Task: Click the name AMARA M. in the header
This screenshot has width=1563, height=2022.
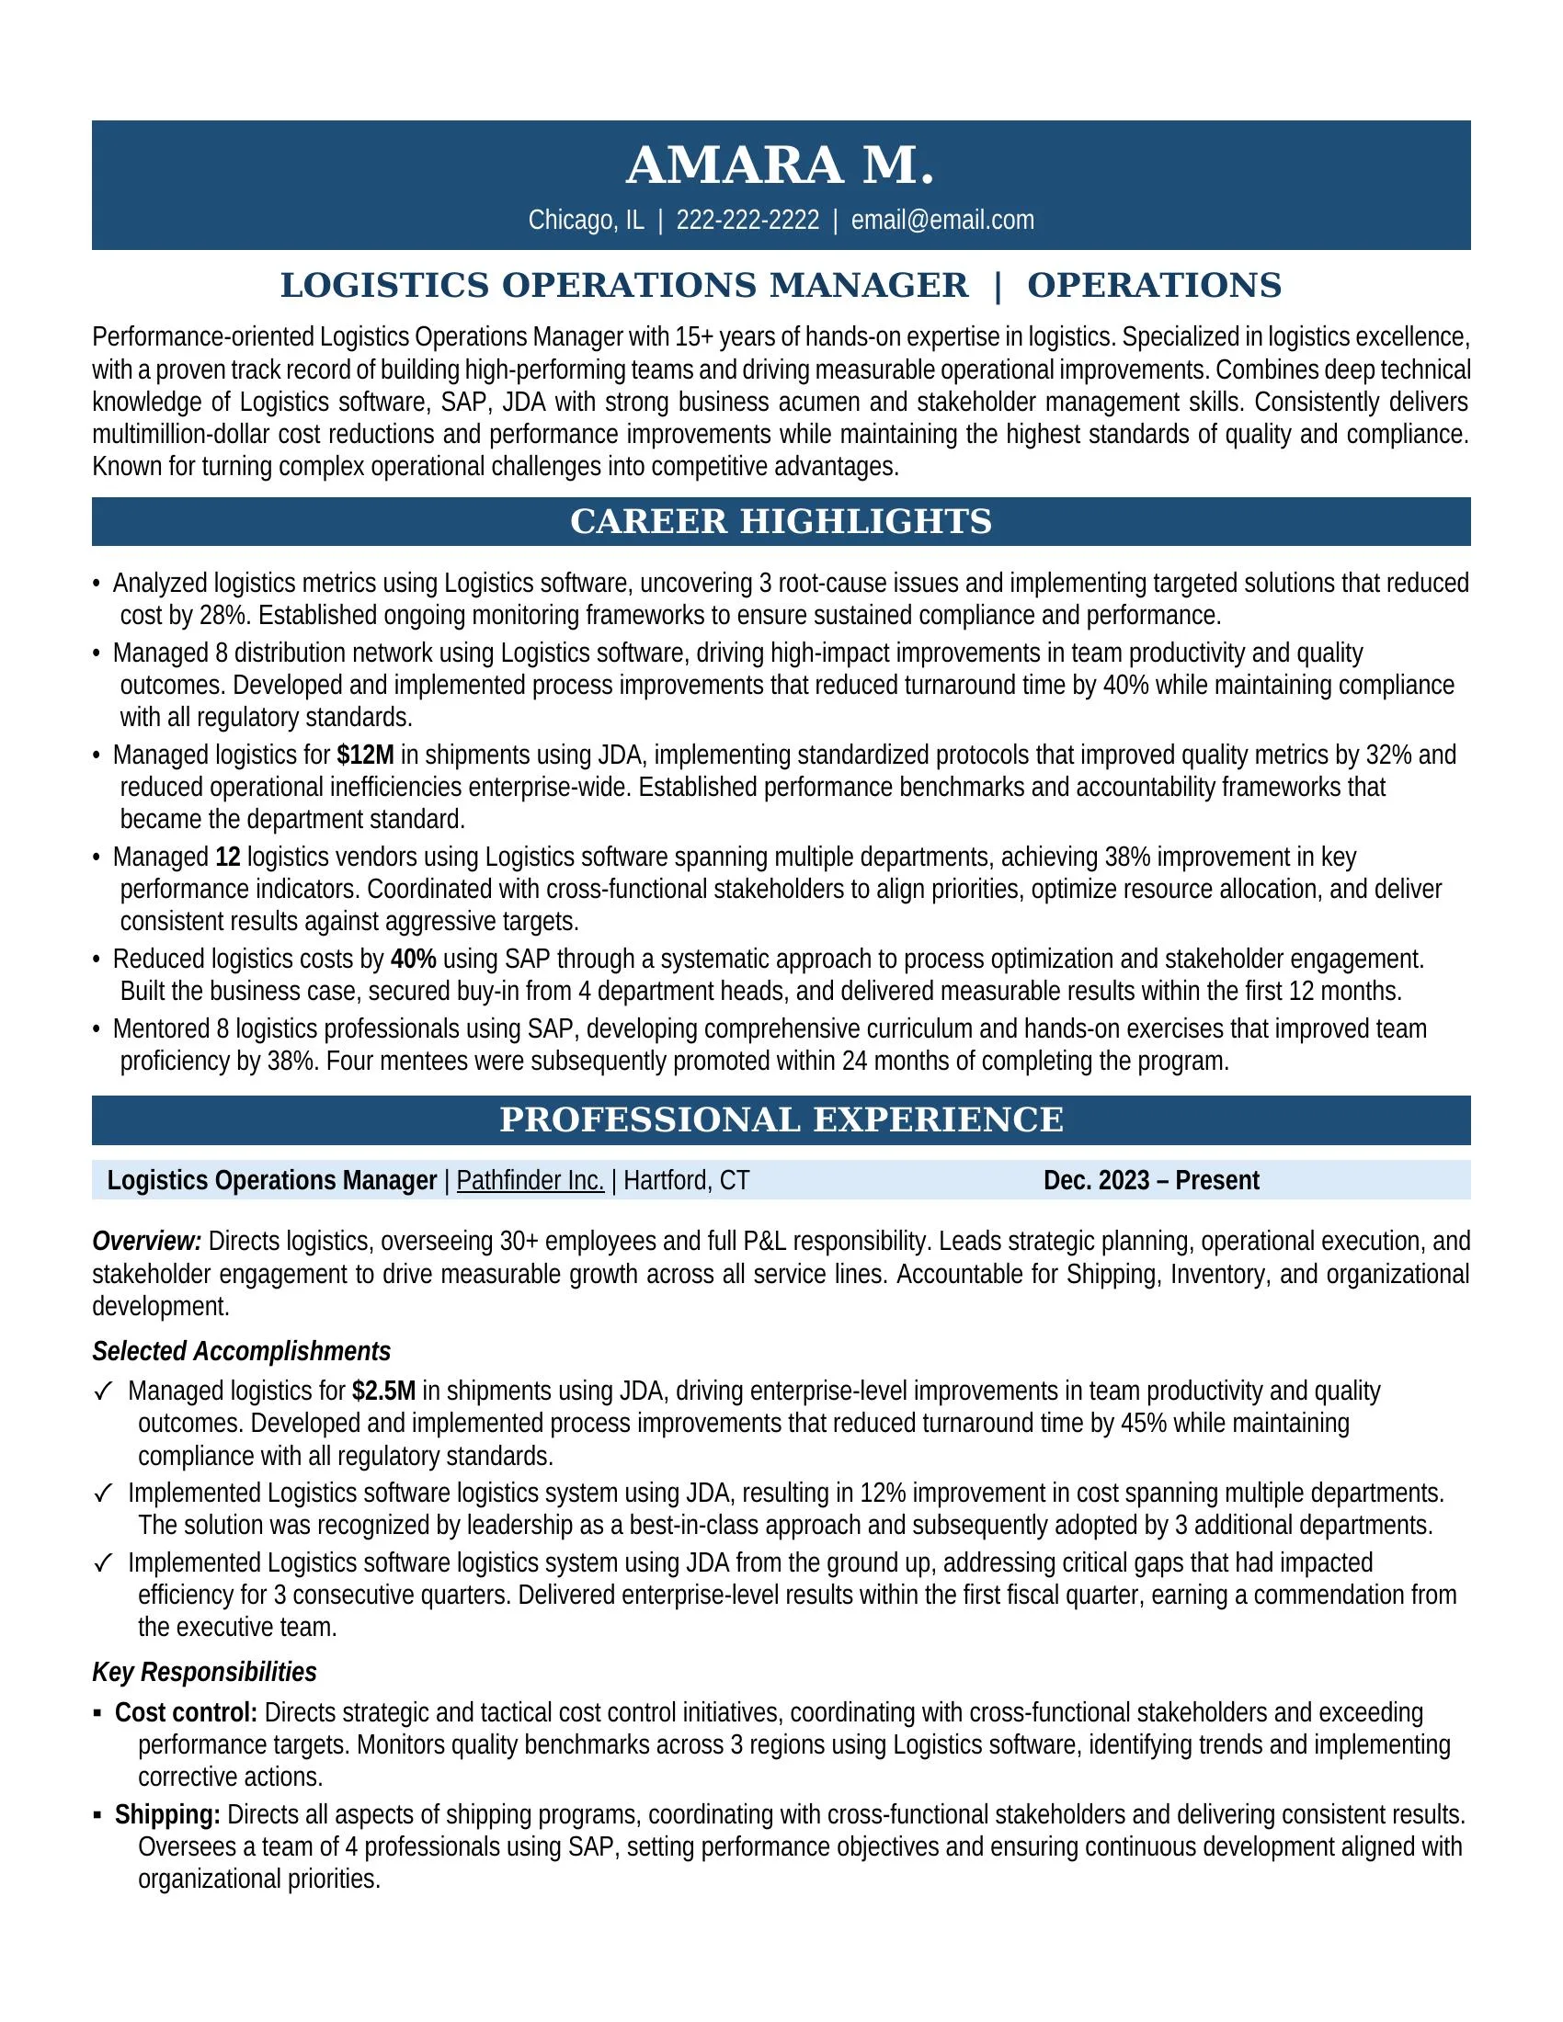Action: coord(781,166)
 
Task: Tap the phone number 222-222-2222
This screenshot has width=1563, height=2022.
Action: coord(747,221)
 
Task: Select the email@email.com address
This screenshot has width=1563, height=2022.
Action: coord(941,221)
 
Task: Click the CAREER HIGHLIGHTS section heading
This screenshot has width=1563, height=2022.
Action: coord(781,521)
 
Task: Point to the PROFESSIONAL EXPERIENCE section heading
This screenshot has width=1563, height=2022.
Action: coord(781,1119)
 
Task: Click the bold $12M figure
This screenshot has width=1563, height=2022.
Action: coord(366,755)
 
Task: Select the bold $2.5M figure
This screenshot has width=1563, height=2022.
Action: coord(383,1391)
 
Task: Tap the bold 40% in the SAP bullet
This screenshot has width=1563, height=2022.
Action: coord(413,960)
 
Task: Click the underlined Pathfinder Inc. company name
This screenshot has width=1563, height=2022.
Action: coord(530,1180)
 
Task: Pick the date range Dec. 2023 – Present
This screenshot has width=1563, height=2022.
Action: coord(1150,1180)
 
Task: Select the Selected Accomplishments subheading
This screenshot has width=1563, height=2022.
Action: coord(241,1352)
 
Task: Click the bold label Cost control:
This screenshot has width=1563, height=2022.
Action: coord(185,1713)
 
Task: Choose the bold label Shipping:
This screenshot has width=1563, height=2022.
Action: coord(166,1814)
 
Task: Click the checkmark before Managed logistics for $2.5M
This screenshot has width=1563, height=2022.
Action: coord(103,1392)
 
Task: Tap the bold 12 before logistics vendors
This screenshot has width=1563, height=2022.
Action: coord(228,858)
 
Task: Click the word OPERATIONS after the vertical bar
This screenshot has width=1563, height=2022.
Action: coord(1154,285)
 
